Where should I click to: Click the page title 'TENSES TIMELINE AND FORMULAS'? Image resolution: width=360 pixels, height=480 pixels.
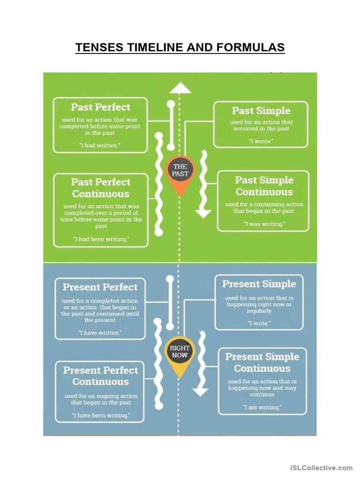coord(180,48)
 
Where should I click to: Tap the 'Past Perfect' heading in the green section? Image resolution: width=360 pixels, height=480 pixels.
coord(100,107)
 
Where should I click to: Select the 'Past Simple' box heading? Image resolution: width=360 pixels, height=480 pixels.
coord(261,111)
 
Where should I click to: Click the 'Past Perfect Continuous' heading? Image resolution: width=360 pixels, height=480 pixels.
coord(100,187)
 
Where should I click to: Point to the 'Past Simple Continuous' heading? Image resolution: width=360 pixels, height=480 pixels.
coord(264,186)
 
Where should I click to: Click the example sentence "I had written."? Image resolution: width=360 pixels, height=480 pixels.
coord(99,145)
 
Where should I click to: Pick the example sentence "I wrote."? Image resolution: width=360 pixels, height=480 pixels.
coord(261,141)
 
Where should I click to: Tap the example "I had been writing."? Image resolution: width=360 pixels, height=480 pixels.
coord(101,239)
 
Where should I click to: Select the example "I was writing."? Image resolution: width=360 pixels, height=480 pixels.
coord(264,224)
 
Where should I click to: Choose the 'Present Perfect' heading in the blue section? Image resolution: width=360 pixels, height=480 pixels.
coord(100,287)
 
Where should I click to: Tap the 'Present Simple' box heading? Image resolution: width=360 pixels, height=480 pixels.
coord(259,284)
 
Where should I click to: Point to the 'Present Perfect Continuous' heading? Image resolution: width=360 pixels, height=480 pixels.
coord(100,376)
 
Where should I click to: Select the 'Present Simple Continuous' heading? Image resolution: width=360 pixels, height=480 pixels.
coord(262,362)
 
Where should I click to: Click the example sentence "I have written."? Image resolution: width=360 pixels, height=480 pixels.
coord(100,332)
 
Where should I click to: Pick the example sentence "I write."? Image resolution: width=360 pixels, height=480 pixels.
coord(259,323)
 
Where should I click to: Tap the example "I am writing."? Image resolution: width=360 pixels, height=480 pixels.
coord(262,407)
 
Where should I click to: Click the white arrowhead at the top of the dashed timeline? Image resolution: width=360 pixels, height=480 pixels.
coord(180,88)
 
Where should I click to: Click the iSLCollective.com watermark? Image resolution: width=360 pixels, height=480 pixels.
coord(321,468)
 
